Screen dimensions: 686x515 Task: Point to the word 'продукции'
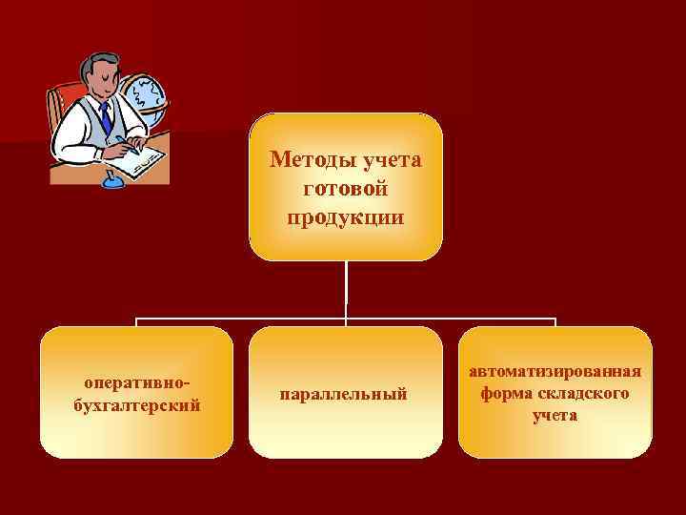[x=345, y=217]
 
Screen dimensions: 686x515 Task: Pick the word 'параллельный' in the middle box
[x=344, y=393]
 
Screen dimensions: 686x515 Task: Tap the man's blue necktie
[x=105, y=118]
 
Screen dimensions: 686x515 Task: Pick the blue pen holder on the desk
[x=113, y=178]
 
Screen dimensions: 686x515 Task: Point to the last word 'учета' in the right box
[x=555, y=415]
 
